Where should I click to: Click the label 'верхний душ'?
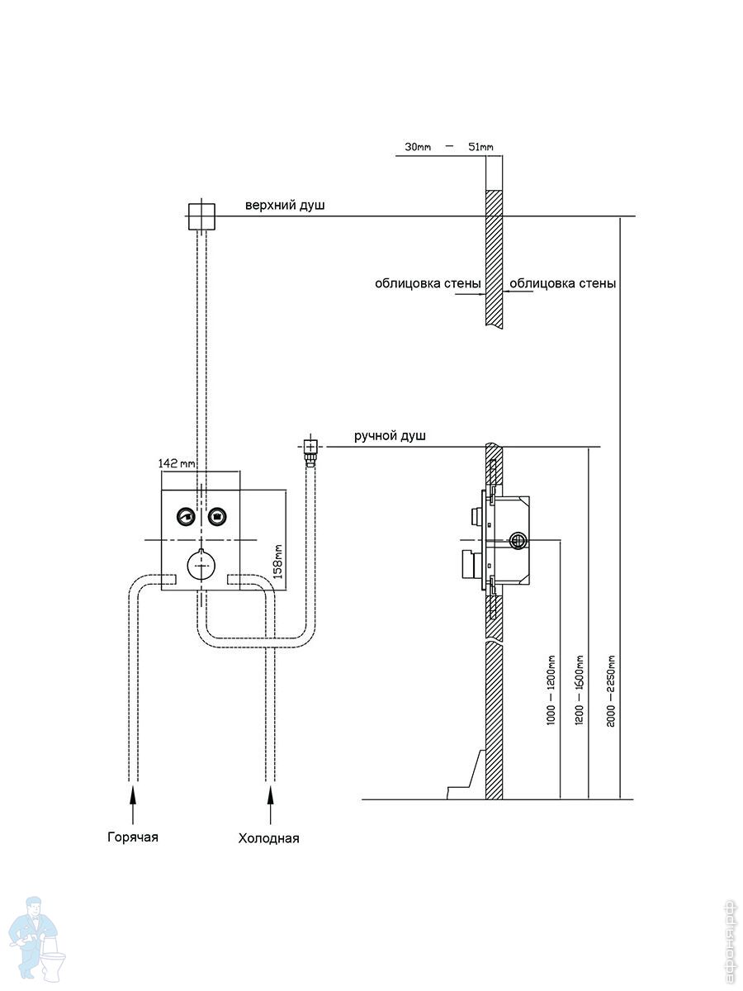point(285,205)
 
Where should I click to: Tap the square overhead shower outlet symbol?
point(201,216)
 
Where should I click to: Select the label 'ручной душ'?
point(390,435)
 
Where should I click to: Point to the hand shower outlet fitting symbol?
point(310,450)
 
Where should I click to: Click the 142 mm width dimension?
point(177,463)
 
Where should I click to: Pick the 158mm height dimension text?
point(278,560)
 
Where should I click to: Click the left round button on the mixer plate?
point(185,517)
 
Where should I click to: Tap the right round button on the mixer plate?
point(217,517)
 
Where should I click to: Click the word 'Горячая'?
point(132,837)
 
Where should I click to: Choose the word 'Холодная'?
point(268,838)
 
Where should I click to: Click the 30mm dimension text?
point(419,147)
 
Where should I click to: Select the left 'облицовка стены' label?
point(428,283)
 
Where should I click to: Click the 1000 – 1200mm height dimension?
point(551,690)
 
